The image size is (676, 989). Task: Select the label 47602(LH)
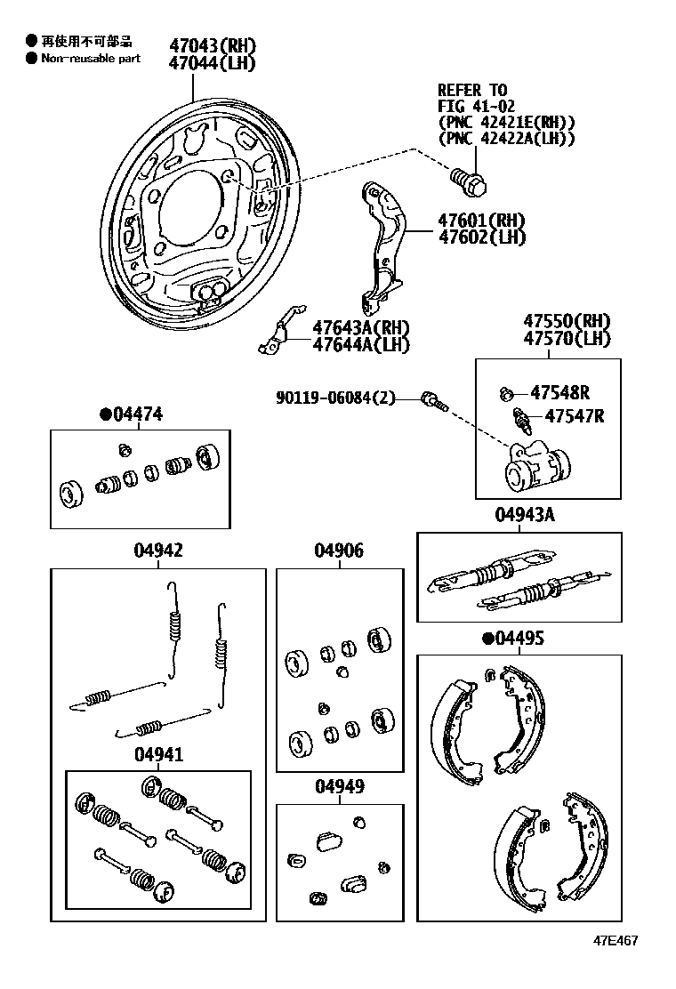point(480,237)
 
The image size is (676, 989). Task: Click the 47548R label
point(559,392)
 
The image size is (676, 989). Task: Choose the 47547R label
point(574,415)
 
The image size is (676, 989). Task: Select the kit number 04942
point(158,551)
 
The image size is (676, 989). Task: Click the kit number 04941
point(158,755)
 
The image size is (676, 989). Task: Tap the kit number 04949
point(338,787)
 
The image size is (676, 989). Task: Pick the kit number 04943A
point(519,515)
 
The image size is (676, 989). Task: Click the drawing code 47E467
point(616,940)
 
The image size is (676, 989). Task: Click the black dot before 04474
point(105,414)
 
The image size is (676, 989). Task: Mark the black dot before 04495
point(487,639)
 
